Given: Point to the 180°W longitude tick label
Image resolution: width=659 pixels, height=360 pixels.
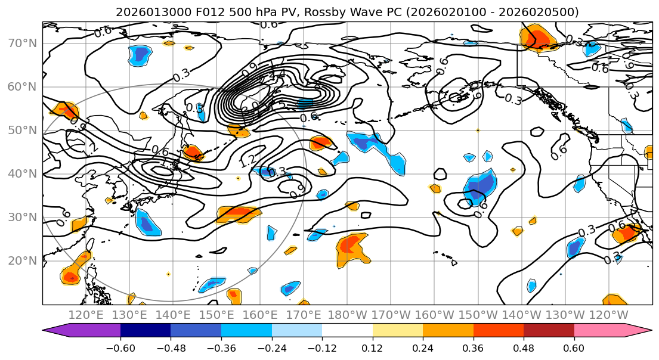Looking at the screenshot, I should [x=347, y=314].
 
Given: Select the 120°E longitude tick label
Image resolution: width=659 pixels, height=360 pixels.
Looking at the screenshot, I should [x=86, y=314].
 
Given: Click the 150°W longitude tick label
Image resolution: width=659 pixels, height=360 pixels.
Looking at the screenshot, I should [x=478, y=314].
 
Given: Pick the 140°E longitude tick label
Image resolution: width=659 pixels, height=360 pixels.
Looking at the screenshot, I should [x=173, y=314].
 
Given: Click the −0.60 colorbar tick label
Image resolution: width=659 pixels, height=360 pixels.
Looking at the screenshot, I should [x=120, y=347].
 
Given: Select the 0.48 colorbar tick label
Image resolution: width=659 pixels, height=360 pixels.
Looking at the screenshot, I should [x=524, y=347].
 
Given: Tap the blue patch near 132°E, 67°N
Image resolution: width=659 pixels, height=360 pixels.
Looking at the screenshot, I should [x=140, y=54].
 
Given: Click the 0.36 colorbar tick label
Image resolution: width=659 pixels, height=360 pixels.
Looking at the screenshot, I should [x=473, y=347].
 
